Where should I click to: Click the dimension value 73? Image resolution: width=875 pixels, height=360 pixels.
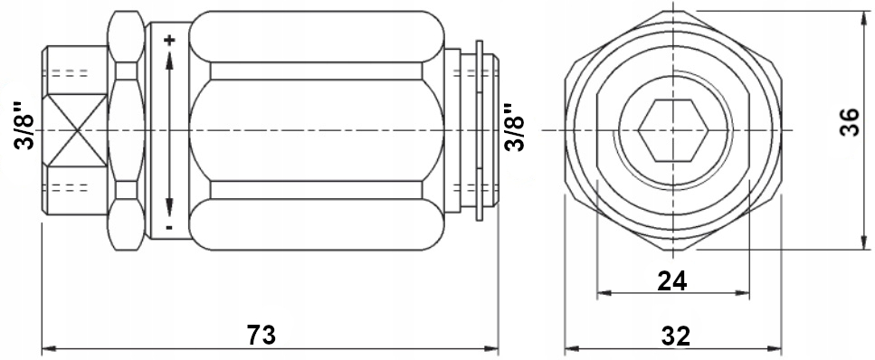(x=262, y=335)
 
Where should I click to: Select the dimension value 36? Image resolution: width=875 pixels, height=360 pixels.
(x=850, y=123)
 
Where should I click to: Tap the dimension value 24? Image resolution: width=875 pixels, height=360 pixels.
(x=672, y=281)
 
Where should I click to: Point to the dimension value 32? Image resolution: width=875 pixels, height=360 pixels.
(x=676, y=336)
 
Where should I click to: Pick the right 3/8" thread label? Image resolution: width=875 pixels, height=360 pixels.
(x=514, y=127)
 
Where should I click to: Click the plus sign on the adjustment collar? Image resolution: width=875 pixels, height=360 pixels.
(x=169, y=40)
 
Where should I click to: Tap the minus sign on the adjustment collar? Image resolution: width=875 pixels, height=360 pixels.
(x=169, y=227)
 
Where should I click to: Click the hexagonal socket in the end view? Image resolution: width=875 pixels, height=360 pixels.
(x=674, y=130)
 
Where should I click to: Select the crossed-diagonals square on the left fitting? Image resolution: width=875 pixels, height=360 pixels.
(x=75, y=129)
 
